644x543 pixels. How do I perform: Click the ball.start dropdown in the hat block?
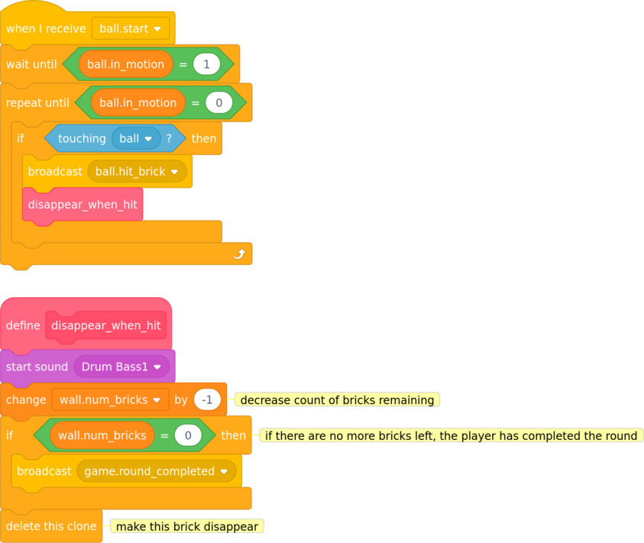(131, 28)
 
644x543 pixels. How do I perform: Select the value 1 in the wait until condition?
(206, 64)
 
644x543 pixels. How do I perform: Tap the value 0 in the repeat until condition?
(219, 102)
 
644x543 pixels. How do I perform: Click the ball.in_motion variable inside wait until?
(126, 64)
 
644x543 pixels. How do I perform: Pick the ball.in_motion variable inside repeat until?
(138, 102)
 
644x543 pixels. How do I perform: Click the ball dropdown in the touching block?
(136, 138)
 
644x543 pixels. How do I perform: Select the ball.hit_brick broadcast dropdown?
(137, 171)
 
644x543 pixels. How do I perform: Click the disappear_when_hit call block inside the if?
(83, 205)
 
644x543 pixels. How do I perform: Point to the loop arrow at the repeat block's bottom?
(239, 254)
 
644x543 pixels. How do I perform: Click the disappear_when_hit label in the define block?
(106, 325)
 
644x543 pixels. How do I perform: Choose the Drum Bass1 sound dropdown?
(121, 367)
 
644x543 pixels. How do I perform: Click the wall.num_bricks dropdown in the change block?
(110, 399)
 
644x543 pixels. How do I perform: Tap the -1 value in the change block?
(207, 399)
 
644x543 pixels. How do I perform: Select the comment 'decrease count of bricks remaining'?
(337, 399)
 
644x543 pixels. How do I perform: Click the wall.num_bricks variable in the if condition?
(102, 435)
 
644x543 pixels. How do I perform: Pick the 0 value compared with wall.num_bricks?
(188, 435)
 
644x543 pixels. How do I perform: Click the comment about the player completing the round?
(451, 435)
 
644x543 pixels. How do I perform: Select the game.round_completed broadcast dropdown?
(156, 471)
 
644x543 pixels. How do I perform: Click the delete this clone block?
(51, 525)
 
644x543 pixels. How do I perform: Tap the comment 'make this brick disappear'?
(187, 526)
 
